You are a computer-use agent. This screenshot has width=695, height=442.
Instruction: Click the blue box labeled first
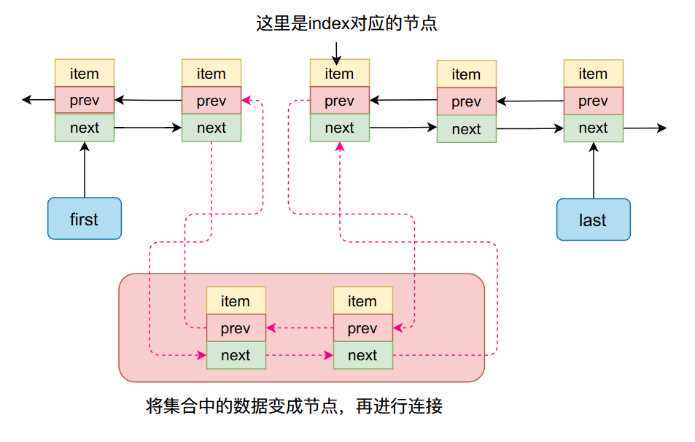point(85,219)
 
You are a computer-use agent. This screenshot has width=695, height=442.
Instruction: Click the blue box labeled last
point(593,220)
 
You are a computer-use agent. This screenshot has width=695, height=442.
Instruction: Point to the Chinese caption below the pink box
point(294,406)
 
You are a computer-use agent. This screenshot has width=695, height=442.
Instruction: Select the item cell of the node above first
point(85,74)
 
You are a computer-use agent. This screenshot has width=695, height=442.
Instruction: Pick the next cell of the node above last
point(593,128)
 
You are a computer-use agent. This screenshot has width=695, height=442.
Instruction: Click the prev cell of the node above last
point(593,101)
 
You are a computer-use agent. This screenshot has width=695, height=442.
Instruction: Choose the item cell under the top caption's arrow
point(339,74)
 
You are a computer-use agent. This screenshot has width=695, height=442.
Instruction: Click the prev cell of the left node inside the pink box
point(236,328)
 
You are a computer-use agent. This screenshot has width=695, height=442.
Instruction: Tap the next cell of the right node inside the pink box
point(362,355)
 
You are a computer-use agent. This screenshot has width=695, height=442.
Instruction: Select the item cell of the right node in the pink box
point(362,301)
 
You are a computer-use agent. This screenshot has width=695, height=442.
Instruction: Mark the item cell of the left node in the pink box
point(236,301)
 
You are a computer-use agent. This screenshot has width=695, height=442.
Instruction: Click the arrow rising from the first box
point(85,169)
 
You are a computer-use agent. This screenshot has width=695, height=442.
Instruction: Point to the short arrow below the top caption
point(336,52)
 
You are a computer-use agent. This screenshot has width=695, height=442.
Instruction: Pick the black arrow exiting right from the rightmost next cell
point(645,128)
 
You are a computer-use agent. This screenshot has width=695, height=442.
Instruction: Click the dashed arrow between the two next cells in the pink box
point(299,356)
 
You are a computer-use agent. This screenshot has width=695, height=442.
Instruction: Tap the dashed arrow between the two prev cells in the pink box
point(299,328)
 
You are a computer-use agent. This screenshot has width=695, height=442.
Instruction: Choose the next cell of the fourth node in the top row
point(466,129)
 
